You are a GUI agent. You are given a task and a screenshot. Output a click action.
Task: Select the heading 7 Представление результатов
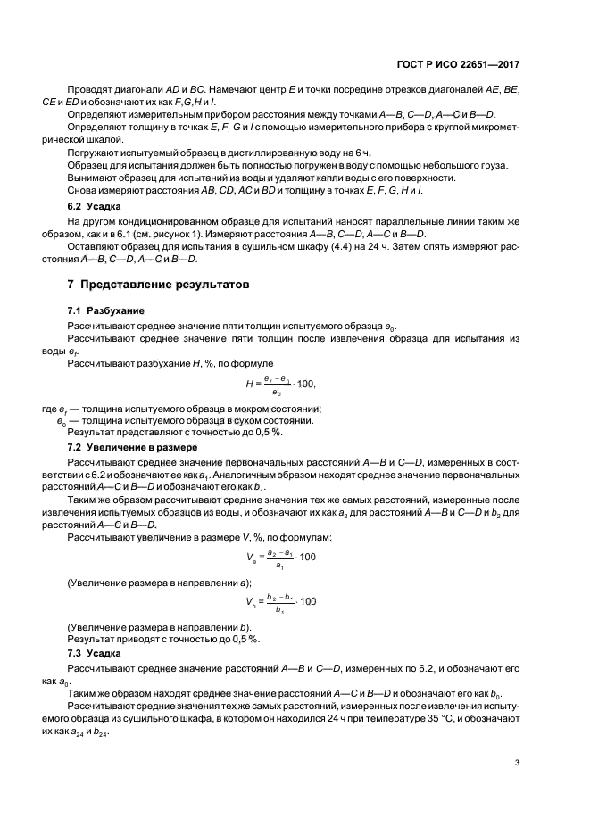tap(153, 284)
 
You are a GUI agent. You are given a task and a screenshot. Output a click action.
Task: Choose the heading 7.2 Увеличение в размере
tap(126, 446)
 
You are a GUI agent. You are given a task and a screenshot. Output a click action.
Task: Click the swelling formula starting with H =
tap(280, 384)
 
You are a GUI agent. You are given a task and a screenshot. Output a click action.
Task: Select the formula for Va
tap(280, 558)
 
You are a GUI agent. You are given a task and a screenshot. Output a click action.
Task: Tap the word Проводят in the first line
tap(88, 91)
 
